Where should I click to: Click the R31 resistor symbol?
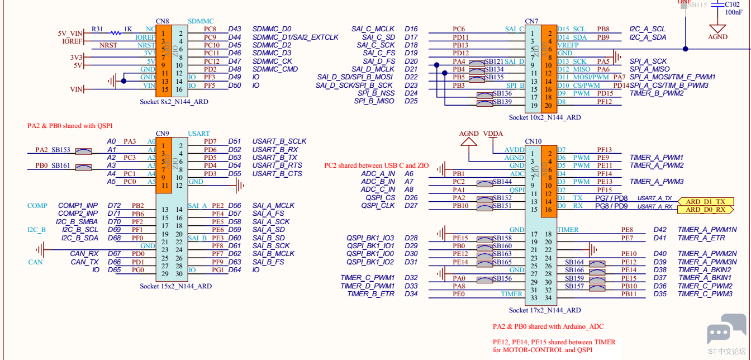pyautogui.click(x=116, y=33)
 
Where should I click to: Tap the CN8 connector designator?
pyautogui.click(x=162, y=21)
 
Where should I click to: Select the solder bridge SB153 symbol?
pyautogui.click(x=83, y=151)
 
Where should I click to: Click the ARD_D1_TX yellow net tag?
pyautogui.click(x=706, y=202)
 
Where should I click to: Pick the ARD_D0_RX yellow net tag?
pyautogui.click(x=706, y=210)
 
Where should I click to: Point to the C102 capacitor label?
pyautogui.click(x=732, y=4)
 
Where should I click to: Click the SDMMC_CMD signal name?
pyautogui.click(x=275, y=69)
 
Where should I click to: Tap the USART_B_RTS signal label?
pyautogui.click(x=277, y=165)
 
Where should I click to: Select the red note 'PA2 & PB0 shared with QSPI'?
pyautogui.click(x=70, y=126)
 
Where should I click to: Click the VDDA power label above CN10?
pyautogui.click(x=493, y=134)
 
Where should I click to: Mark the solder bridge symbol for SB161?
pyautogui.click(x=83, y=168)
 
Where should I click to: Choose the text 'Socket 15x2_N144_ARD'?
pyautogui.click(x=175, y=286)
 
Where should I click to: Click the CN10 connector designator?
pyautogui.click(x=534, y=141)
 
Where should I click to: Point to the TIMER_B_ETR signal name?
pyautogui.click(x=371, y=294)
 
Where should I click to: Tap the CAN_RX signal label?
pyautogui.click(x=84, y=254)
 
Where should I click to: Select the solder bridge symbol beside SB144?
pyautogui.click(x=485, y=184)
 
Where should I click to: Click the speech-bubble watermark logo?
pyautogui.click(x=726, y=329)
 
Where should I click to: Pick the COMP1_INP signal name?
pyautogui.click(x=78, y=205)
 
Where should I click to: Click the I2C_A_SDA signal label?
pyautogui.click(x=648, y=37)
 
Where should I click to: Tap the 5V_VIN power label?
pyautogui.click(x=70, y=34)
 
